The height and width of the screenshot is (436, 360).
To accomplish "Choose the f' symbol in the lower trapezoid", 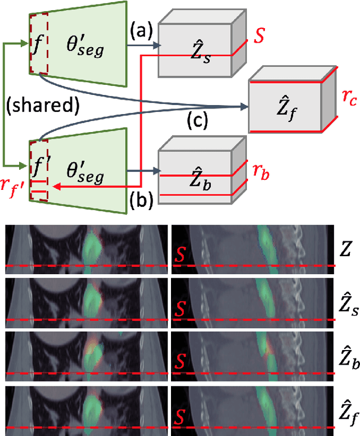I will point(39,167).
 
